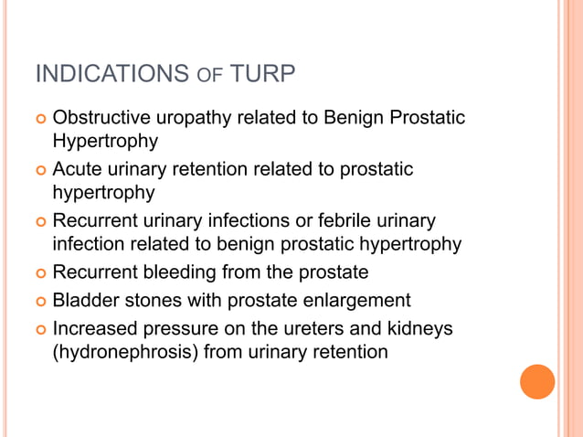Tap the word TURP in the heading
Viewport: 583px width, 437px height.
click(x=263, y=74)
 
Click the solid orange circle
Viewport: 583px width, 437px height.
click(x=537, y=382)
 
